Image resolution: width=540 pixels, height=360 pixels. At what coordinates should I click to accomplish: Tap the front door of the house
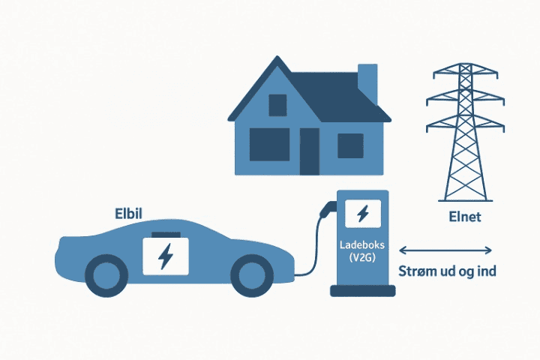click(x=309, y=151)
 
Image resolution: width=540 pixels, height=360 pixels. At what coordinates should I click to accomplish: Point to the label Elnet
click(x=463, y=218)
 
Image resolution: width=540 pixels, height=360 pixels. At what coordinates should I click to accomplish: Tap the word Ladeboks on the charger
click(x=362, y=244)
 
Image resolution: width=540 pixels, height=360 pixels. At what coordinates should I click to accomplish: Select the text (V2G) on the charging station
click(x=362, y=258)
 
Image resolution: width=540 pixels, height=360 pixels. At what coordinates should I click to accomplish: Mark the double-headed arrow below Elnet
click(x=445, y=250)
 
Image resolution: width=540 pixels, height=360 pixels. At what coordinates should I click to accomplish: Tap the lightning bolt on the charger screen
click(x=362, y=214)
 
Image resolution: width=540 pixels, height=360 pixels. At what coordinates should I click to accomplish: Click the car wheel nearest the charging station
click(x=250, y=275)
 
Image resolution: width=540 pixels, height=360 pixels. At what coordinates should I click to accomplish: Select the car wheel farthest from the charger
click(x=105, y=275)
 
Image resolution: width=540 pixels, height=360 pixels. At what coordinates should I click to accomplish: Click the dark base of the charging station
click(x=362, y=290)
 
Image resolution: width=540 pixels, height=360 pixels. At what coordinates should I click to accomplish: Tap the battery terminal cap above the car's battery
click(x=164, y=235)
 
